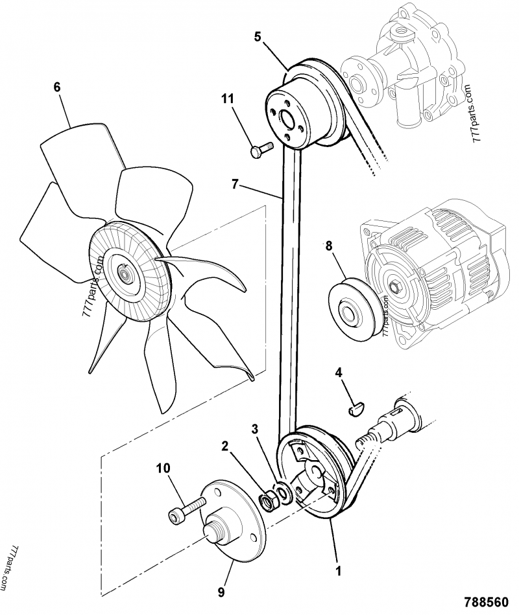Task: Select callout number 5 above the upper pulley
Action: point(258,37)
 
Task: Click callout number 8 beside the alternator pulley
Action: point(328,247)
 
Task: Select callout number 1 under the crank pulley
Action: point(337,572)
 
